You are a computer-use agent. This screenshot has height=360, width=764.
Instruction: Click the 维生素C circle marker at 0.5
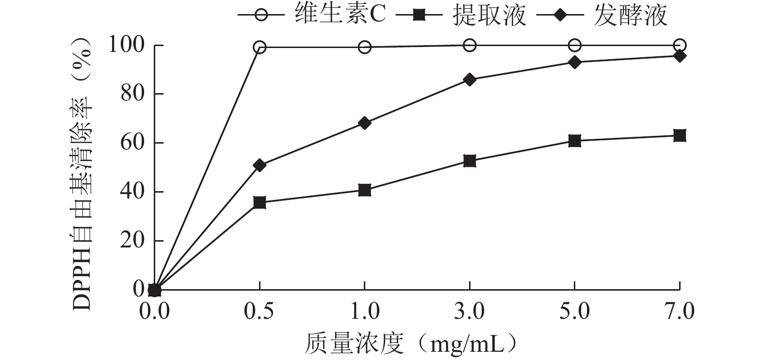(260, 47)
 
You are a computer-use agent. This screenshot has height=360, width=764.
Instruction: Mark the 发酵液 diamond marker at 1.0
(365, 123)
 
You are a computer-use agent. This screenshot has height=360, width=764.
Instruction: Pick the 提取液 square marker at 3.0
(470, 161)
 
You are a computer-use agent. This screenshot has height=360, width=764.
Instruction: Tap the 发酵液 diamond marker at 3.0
(470, 80)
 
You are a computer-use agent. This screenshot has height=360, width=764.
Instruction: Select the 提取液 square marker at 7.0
(680, 136)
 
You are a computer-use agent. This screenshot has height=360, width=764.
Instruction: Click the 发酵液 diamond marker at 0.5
(260, 165)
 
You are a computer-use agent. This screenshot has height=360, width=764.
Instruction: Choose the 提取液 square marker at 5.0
(575, 141)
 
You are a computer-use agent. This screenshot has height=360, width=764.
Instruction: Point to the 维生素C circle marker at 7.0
(680, 46)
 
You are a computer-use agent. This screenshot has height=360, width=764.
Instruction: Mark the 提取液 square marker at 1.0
(365, 190)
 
